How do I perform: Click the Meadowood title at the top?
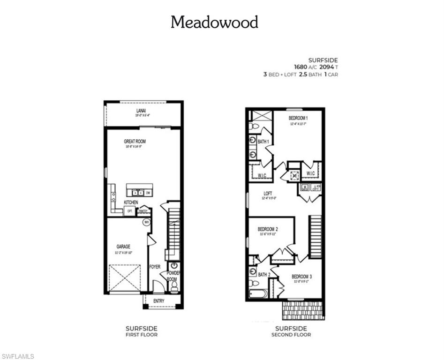[x=214, y=22]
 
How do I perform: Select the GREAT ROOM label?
[x=135, y=141]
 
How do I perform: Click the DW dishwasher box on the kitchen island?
[x=148, y=193]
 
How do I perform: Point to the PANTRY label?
[x=143, y=211]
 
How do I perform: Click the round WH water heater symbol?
[x=146, y=222]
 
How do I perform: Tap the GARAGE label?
[x=124, y=247]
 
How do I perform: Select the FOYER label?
[x=155, y=267]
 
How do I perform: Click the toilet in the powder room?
[x=174, y=287]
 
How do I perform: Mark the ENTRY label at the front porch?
[x=159, y=300]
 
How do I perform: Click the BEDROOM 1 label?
[x=298, y=118]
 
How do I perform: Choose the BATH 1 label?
[x=263, y=141]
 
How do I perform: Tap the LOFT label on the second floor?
[x=268, y=193]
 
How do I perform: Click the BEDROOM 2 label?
[x=268, y=229]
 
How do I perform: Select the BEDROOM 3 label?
[x=301, y=277]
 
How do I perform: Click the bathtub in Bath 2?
[x=258, y=294]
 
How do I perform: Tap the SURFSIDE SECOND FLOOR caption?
[x=291, y=331]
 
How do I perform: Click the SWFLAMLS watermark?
[x=18, y=356]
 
